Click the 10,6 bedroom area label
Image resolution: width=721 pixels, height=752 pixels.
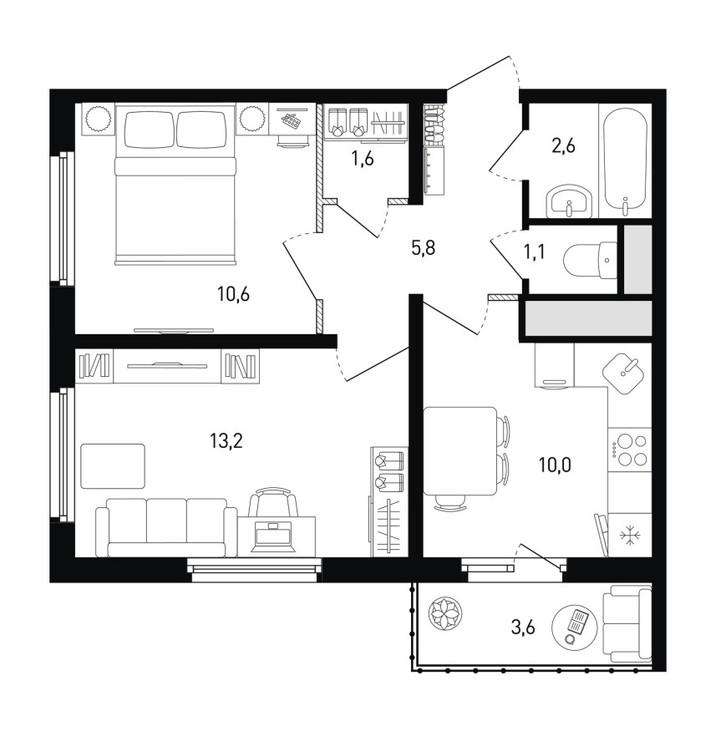233,294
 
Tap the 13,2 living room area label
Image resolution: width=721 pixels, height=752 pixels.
226,440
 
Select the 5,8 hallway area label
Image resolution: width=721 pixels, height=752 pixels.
424,248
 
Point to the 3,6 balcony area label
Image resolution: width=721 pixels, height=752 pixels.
522,627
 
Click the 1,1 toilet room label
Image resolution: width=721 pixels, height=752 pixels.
534,251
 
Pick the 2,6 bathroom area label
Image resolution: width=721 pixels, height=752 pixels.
563,145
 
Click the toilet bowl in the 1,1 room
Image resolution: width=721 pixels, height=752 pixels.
591,261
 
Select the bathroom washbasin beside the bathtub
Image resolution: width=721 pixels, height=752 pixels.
569,201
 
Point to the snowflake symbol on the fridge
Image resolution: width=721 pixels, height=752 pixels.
627,536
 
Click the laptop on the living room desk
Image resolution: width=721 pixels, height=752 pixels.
273,536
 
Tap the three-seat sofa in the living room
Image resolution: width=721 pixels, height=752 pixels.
166,527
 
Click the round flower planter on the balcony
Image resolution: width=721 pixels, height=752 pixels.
445,614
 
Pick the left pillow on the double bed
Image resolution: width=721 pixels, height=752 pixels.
149,130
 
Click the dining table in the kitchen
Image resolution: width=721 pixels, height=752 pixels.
460,451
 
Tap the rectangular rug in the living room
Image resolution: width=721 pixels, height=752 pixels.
113,466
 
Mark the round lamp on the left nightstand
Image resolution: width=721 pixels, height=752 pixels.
99,118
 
